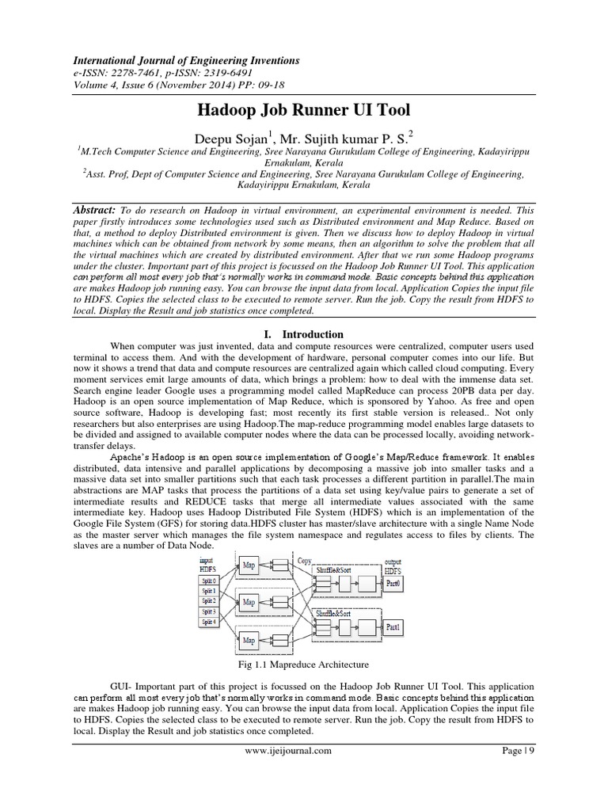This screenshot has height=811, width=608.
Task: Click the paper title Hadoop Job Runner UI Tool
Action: click(x=303, y=109)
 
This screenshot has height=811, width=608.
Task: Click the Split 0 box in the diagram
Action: click(x=209, y=581)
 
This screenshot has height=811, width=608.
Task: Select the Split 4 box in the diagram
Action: click(x=209, y=623)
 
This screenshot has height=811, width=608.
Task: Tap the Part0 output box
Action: click(x=393, y=581)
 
